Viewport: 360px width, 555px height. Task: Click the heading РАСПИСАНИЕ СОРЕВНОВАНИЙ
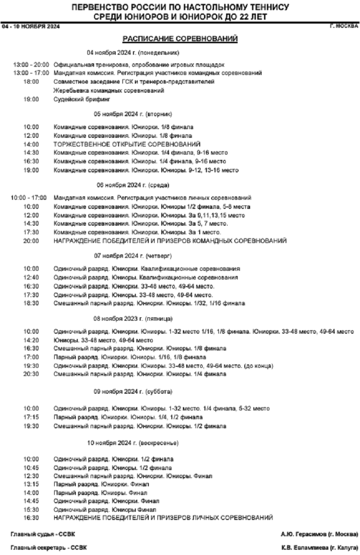point(180,38)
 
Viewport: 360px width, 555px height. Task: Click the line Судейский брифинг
point(82,99)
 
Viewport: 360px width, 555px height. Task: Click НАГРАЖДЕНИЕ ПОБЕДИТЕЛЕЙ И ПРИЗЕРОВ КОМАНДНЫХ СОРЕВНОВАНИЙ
point(170,241)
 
